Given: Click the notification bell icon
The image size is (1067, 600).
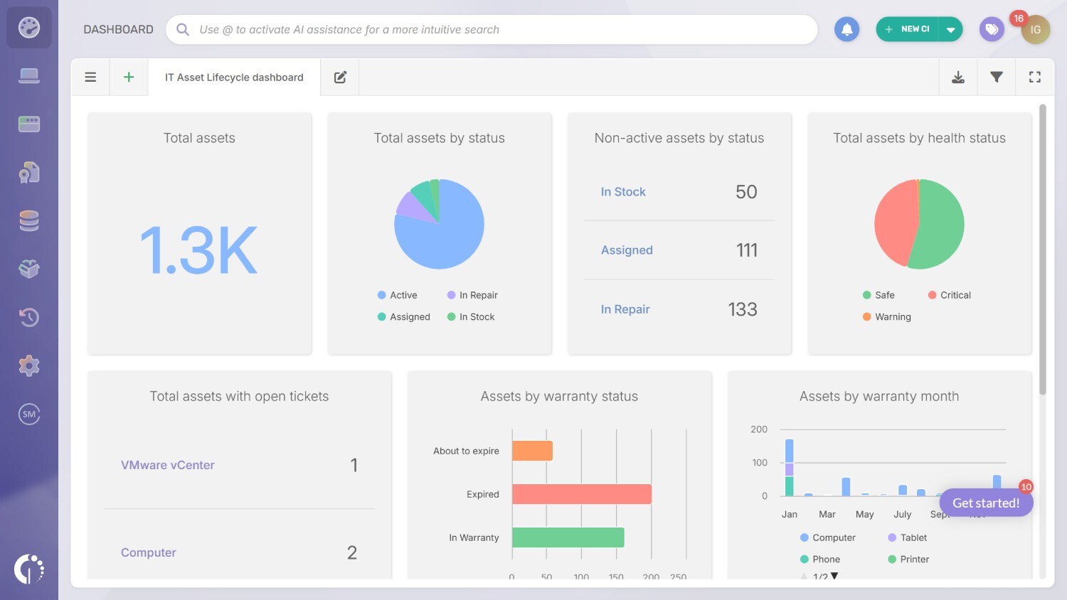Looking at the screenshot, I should point(846,30).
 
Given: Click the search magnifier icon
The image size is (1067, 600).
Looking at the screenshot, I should point(183,30).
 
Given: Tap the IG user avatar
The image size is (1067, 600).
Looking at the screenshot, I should point(1035,30).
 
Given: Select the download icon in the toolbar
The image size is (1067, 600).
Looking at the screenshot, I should point(958,77).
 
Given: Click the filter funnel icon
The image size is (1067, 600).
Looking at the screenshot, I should point(997,77).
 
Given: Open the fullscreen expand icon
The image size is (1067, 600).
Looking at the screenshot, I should point(1035,77).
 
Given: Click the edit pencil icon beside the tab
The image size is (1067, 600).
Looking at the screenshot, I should point(340,77).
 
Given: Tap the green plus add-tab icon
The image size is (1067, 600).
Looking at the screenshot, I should point(129,77).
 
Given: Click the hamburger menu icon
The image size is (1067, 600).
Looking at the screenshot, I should point(90,77).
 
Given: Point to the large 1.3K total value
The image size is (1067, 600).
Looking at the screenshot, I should point(199,250).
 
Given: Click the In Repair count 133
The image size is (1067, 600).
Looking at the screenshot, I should point(742,309).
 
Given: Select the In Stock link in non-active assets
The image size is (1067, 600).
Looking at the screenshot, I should point(623,192).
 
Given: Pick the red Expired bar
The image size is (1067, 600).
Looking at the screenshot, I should point(581,494).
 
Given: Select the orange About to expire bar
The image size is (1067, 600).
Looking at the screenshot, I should point(532,451).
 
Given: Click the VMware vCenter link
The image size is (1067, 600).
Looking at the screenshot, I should point(168,465).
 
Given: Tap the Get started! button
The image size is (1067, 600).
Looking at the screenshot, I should point(986,503).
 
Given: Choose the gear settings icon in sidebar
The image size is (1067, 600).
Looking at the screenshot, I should point(29,366).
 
